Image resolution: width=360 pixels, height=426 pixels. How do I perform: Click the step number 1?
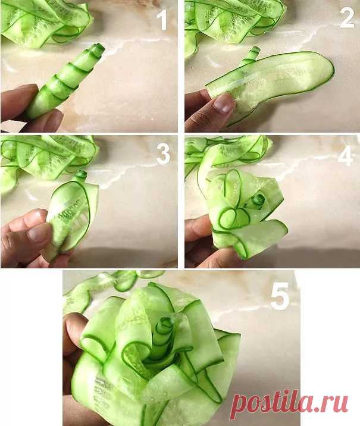click(x=163, y=20)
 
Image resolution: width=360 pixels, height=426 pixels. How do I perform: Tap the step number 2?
click(x=347, y=18)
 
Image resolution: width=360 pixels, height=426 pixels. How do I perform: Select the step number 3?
click(x=163, y=154)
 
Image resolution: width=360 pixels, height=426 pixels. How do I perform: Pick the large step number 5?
click(x=280, y=296)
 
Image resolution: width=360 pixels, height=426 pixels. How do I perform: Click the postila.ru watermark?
click(x=289, y=405)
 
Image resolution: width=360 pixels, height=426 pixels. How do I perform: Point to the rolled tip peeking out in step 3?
click(x=81, y=176)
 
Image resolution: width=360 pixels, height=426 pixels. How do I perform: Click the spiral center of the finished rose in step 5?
click(x=164, y=325)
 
